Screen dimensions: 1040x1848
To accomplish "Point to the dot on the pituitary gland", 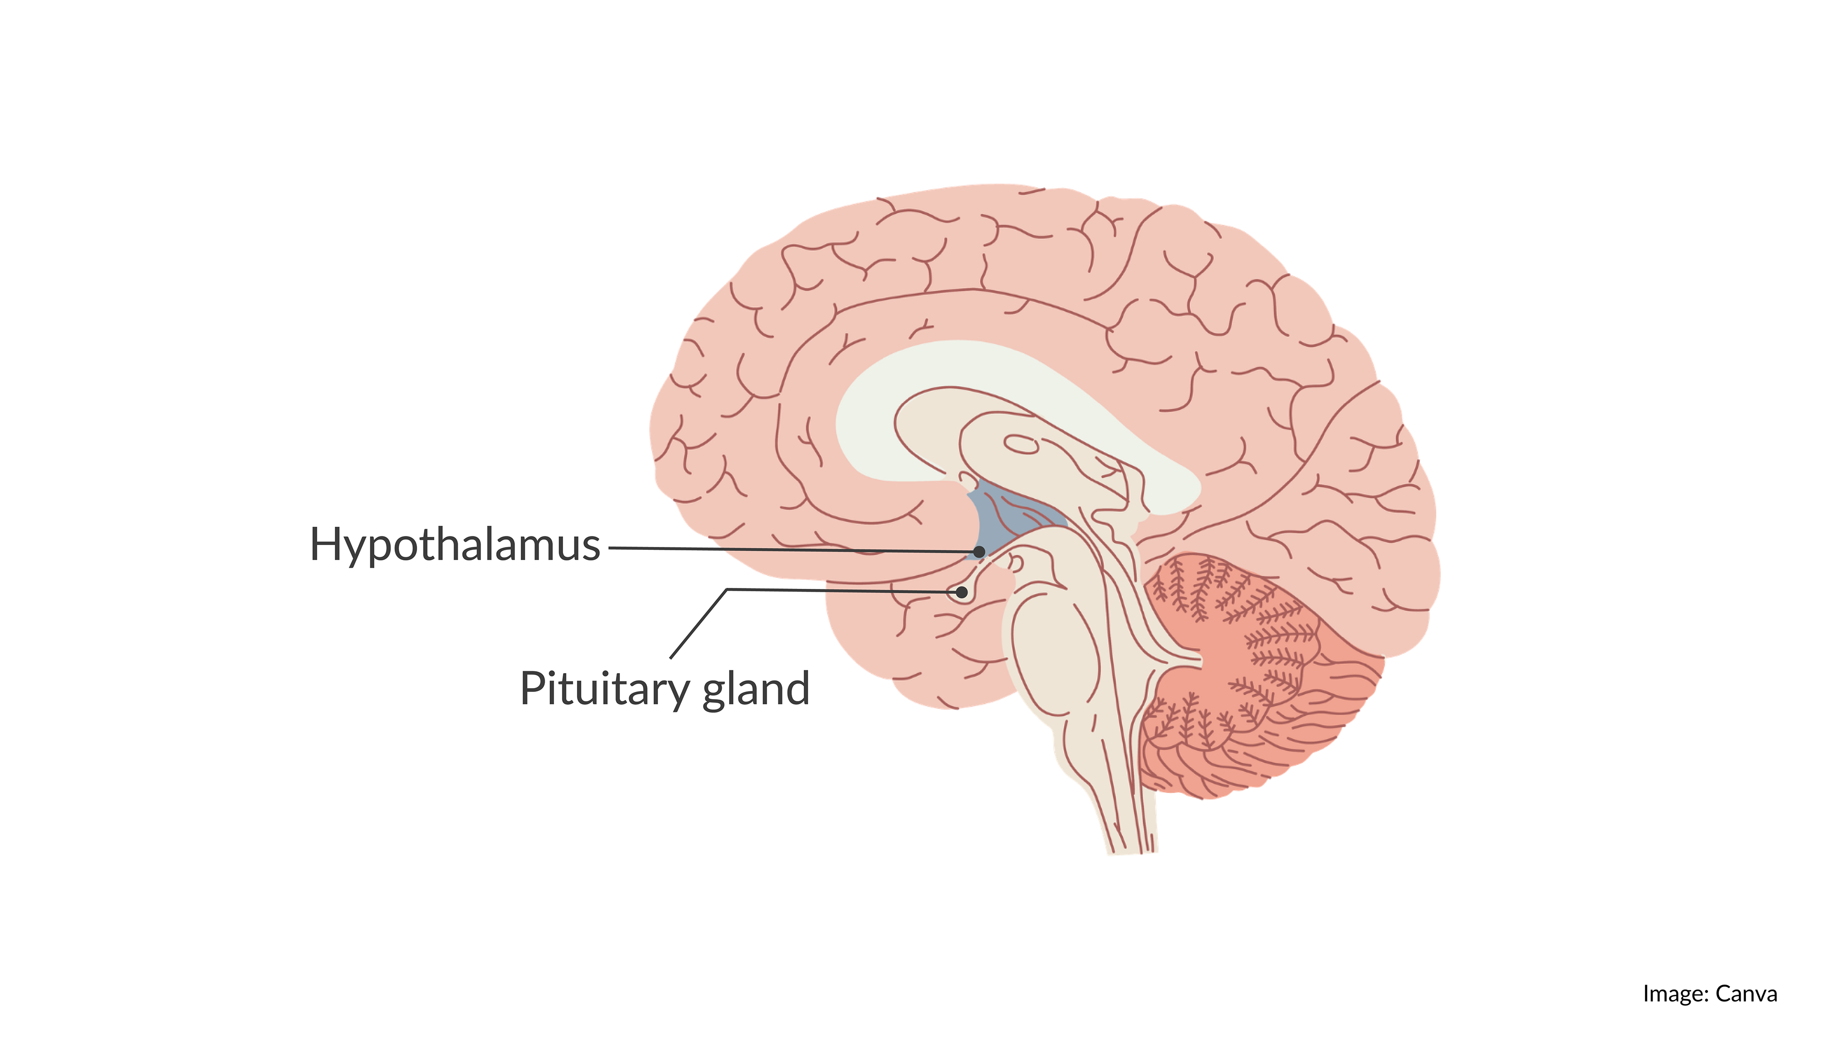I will tap(962, 593).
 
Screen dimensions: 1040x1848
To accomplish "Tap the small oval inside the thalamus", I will tap(1021, 445).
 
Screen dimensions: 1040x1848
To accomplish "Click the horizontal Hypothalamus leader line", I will tap(789, 550).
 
